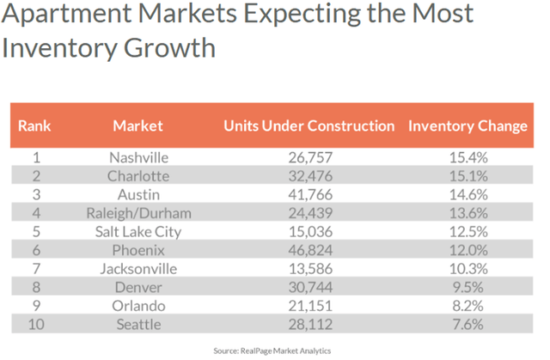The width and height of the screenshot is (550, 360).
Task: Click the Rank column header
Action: (x=34, y=125)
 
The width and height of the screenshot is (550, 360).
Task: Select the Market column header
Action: (x=137, y=125)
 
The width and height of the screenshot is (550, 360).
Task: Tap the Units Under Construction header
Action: (x=309, y=125)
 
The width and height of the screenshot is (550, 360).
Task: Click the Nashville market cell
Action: (x=138, y=158)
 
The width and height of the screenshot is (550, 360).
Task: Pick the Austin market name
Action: (x=138, y=194)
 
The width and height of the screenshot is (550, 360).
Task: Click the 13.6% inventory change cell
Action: (x=467, y=212)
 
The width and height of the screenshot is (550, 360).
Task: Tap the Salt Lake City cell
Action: (x=138, y=230)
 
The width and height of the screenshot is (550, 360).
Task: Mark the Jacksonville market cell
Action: (x=138, y=268)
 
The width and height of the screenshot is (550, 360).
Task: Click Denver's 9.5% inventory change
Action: (x=467, y=286)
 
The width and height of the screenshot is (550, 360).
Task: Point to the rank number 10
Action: (x=36, y=323)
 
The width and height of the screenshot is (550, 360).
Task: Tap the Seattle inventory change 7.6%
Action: (x=467, y=323)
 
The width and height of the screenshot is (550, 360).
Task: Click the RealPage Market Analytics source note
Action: (x=272, y=350)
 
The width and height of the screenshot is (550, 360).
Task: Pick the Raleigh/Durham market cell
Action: (x=138, y=212)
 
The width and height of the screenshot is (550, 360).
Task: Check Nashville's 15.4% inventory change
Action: (x=467, y=158)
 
